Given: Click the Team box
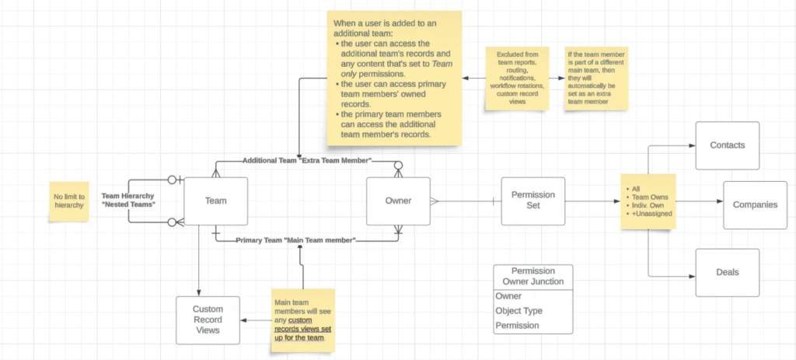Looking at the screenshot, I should coord(215,201).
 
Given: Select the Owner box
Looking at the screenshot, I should coord(398,201).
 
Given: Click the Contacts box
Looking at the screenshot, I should coord(727,145).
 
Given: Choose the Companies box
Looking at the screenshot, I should coord(754,204).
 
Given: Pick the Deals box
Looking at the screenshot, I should coord(727,272).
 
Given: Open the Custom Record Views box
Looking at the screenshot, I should coord(208,320).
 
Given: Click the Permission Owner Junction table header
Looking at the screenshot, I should coord(532,276).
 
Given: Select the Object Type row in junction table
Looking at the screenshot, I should coord(522,310).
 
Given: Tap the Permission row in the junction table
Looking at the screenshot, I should coord(517,325).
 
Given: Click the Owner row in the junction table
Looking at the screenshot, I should coord(508,296).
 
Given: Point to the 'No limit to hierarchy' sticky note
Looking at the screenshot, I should coord(69,201).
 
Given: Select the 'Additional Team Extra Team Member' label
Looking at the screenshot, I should coord(307,160).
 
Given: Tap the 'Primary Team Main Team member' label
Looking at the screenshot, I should coord(295,241).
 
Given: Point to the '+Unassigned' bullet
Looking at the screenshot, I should coord(651,212).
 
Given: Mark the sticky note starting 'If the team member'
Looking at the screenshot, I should coord(596,78).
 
